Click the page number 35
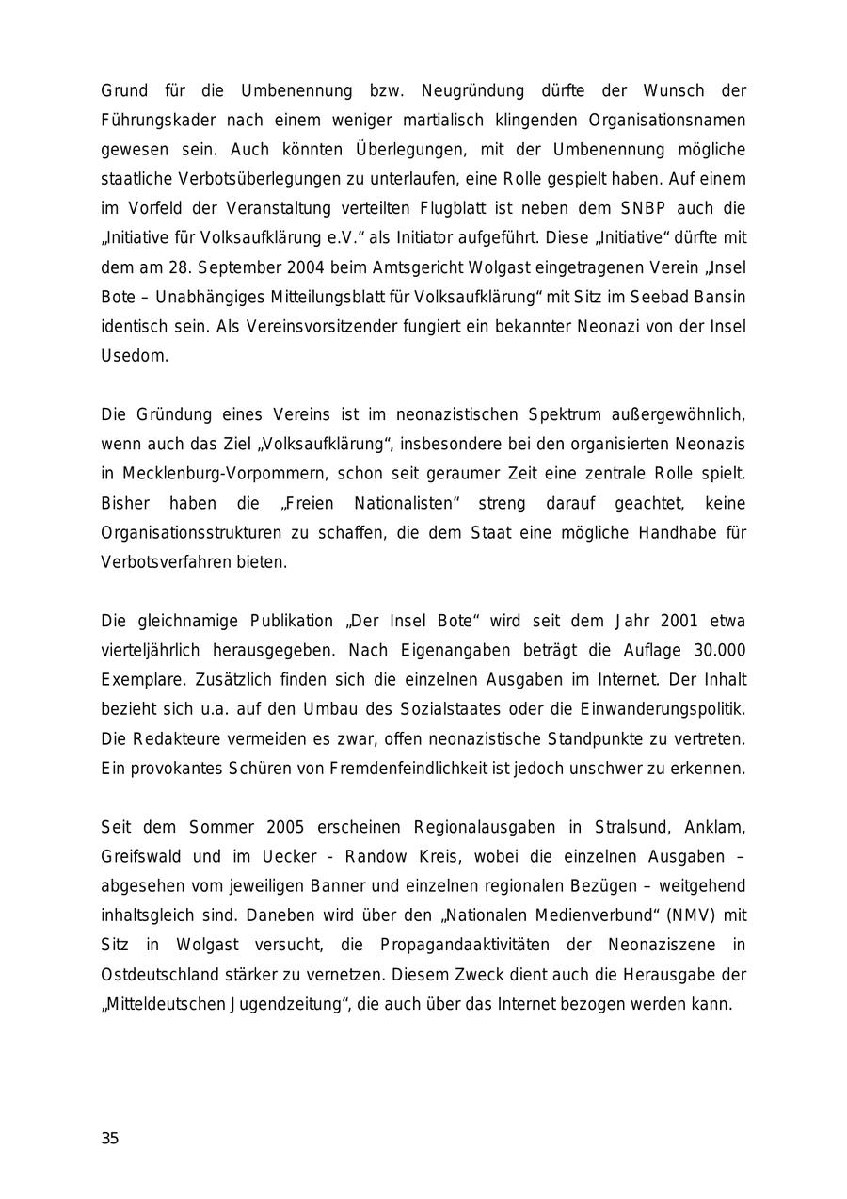pyautogui.click(x=110, y=1139)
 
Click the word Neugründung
pyautogui.click(x=472, y=91)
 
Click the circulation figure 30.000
pyautogui.click(x=719, y=651)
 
